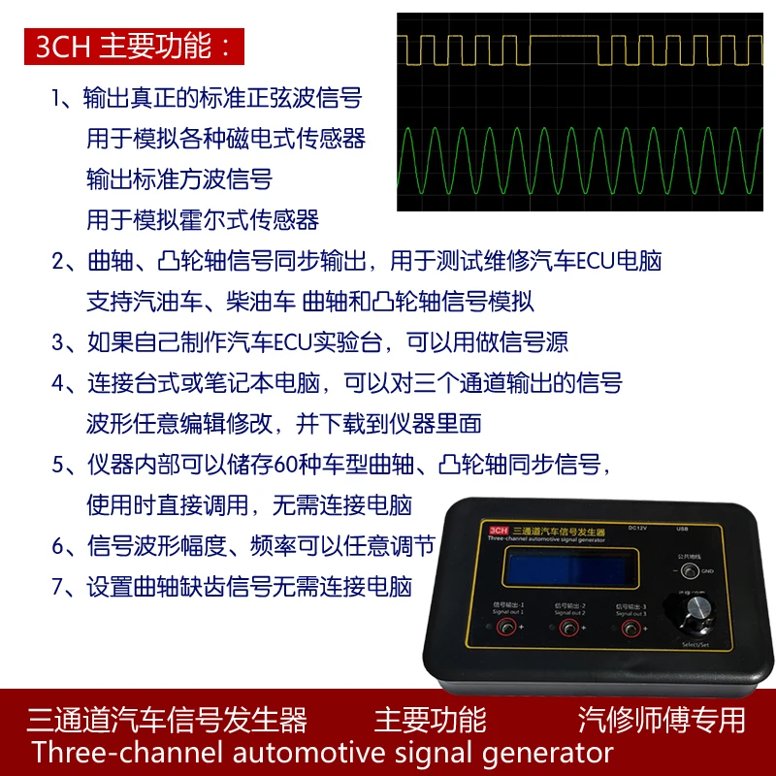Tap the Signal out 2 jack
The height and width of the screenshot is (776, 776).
[x=567, y=630]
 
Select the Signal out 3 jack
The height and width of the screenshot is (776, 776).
[x=631, y=630]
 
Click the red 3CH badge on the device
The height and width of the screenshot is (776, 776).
[x=500, y=530]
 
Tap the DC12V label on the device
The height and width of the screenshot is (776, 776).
[x=637, y=529]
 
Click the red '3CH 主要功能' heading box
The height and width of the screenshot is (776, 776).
[x=135, y=48]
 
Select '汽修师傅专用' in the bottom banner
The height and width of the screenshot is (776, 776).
[x=662, y=720]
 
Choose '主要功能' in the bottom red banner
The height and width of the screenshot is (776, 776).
[x=430, y=720]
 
